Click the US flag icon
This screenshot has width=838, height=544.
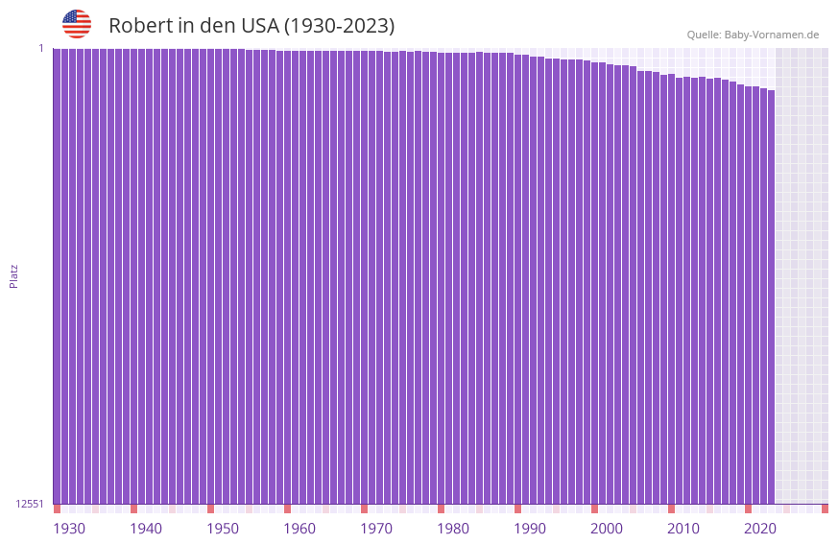coord(77,24)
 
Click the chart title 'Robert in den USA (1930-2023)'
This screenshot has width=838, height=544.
coord(251,26)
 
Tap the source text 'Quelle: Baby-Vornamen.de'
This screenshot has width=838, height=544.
coord(753,35)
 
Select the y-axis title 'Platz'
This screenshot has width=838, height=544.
coord(13,275)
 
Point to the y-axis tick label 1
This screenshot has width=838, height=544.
coord(41,48)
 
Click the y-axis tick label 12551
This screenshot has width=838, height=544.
coord(30,504)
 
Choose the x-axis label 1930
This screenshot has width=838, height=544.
coord(69,529)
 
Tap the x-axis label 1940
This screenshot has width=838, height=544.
coord(146,529)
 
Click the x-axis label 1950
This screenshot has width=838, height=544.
coord(223,529)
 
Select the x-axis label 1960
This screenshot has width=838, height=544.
coord(299,529)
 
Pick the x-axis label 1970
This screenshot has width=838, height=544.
coord(376,529)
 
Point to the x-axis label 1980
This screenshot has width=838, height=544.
coord(453,529)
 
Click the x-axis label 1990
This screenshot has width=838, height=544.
coord(530,529)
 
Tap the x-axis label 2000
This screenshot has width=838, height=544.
coord(607,529)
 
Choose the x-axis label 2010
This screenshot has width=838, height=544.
coord(683,529)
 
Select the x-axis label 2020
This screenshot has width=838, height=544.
coord(760,529)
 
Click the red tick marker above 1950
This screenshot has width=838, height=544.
coord(210,509)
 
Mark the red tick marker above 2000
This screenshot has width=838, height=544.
coord(594,509)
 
